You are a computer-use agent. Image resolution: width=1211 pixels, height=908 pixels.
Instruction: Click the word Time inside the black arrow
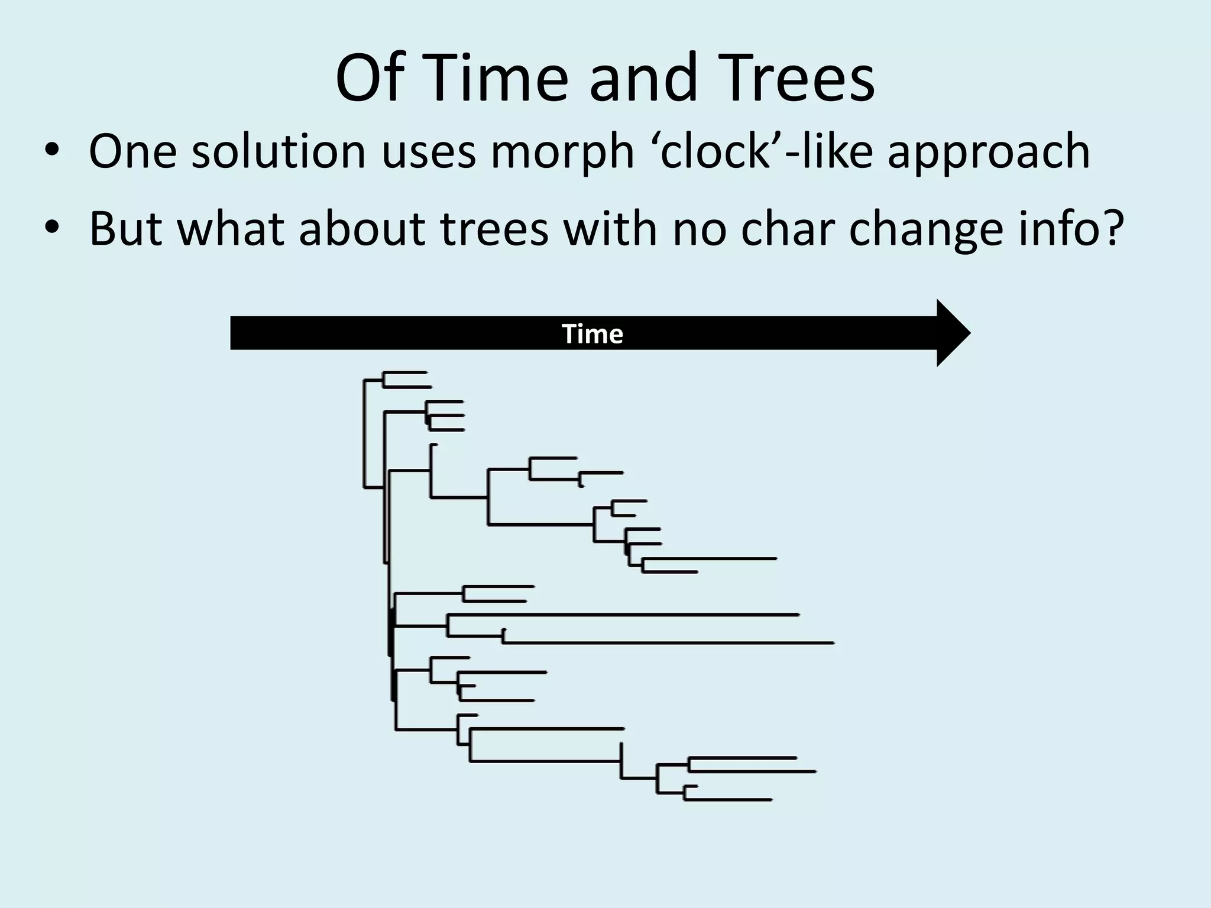(x=592, y=334)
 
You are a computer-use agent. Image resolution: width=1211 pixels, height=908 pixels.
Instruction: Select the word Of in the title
(x=370, y=79)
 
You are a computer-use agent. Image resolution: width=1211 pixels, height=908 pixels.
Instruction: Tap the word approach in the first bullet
(x=988, y=152)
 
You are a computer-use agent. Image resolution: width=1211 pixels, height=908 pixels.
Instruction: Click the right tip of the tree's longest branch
(x=833, y=643)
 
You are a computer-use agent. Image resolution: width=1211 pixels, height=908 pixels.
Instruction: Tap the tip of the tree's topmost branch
(x=426, y=372)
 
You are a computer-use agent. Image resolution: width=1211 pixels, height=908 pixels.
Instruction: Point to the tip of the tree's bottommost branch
(x=771, y=800)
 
